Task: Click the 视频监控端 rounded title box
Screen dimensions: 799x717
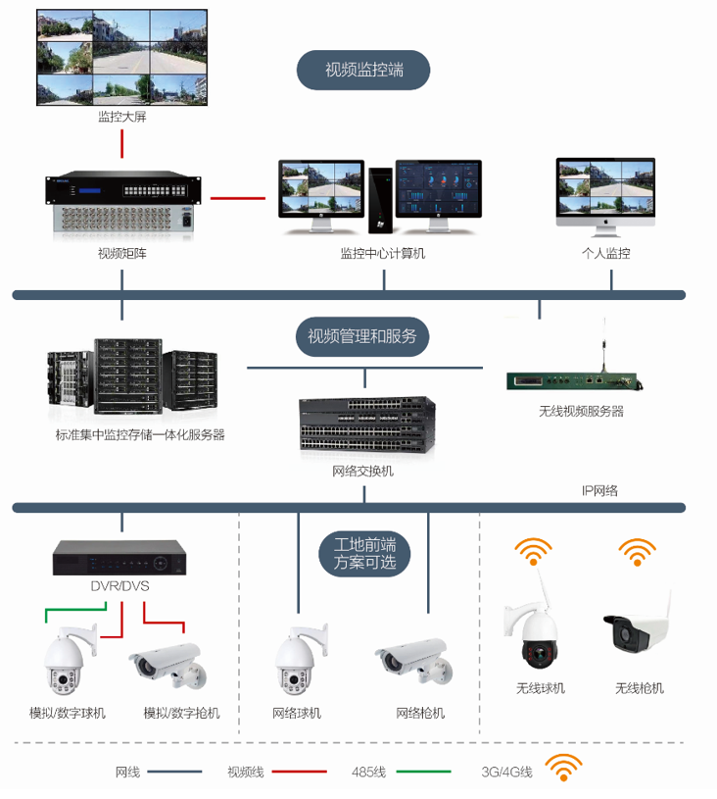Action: click(x=363, y=71)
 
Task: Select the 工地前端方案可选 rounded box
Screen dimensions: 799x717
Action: click(x=364, y=553)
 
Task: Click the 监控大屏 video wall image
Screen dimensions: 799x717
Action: click(x=122, y=58)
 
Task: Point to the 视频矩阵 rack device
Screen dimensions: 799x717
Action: click(x=122, y=204)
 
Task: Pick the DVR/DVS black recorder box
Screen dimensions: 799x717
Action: click(x=119, y=558)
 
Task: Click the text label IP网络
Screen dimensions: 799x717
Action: click(x=599, y=489)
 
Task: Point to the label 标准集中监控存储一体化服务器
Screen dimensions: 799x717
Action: click(x=140, y=434)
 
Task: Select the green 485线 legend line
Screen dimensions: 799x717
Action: click(x=423, y=772)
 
